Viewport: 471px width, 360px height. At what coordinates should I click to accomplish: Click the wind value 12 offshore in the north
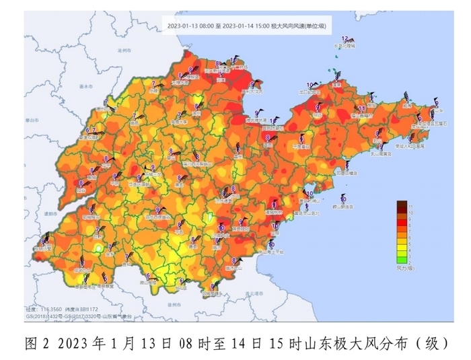click(x=345, y=38)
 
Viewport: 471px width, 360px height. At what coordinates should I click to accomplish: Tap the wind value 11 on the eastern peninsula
click(x=361, y=108)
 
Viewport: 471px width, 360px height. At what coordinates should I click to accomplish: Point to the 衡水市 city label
click(x=84, y=87)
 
